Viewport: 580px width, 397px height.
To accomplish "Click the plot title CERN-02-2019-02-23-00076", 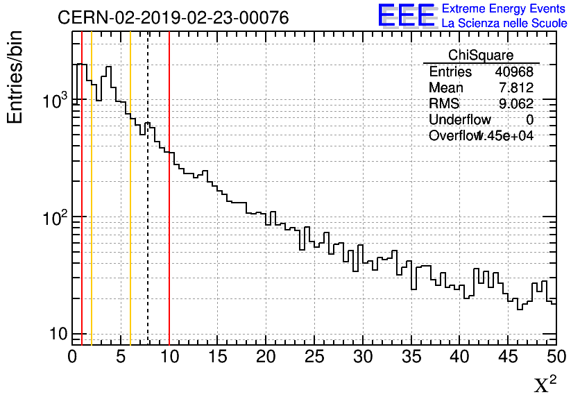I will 173,17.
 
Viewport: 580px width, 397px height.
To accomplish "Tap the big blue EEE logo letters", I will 407,15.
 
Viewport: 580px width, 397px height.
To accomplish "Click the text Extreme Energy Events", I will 504,9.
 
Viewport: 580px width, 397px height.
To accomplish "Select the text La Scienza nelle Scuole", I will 504,23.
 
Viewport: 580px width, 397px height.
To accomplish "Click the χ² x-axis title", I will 545,385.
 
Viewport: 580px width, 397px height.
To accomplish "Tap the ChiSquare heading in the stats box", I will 481,56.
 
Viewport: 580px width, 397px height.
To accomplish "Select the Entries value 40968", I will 514,72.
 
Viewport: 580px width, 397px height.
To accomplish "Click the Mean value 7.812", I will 516,88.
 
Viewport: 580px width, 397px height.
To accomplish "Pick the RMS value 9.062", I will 516,104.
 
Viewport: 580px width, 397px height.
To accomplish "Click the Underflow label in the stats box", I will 459,120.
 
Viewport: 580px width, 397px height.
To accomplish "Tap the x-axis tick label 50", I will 555,357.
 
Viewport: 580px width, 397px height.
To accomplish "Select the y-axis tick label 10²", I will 53,218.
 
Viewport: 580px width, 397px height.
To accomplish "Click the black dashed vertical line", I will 148,208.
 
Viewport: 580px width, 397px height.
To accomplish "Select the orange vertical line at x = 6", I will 130,208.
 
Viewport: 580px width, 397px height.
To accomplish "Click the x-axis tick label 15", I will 218,357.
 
